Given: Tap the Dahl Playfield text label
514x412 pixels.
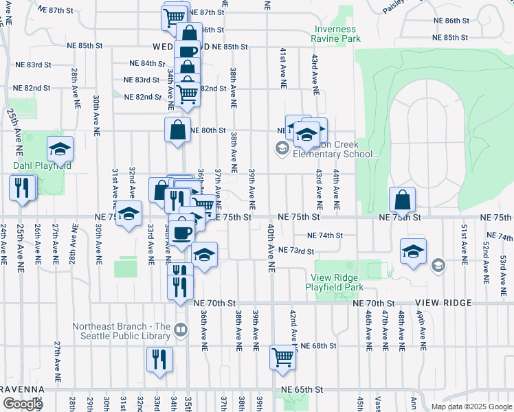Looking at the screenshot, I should point(41,165).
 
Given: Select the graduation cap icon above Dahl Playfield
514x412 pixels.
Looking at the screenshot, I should point(60,149).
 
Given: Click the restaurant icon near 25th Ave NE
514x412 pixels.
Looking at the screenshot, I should point(21,187).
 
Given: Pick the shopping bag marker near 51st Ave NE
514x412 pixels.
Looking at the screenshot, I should point(402,201).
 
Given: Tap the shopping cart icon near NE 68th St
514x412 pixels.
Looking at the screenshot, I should point(282,358).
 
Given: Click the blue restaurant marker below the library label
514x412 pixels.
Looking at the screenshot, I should point(159,360).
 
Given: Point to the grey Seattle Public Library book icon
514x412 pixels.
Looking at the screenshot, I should point(181,331).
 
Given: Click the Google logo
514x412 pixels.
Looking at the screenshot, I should point(23,404).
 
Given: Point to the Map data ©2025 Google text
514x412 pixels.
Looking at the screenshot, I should point(471,407).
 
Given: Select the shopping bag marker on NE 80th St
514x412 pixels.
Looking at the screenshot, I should point(177,130).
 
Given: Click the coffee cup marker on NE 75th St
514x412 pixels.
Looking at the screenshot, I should point(182,232).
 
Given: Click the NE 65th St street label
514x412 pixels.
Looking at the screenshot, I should point(302,389).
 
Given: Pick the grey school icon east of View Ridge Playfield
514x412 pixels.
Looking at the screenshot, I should point(437,264).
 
